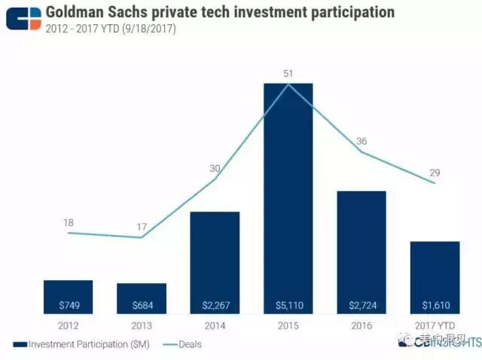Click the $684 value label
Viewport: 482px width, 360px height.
142,306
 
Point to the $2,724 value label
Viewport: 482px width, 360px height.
361,306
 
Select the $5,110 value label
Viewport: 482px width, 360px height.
288,306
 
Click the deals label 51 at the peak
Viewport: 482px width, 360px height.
288,73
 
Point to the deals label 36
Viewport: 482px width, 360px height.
362,141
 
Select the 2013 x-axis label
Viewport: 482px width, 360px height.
142,326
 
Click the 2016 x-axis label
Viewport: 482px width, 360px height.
361,326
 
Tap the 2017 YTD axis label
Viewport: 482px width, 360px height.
435,326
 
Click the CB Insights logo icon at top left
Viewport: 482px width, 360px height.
23,17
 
